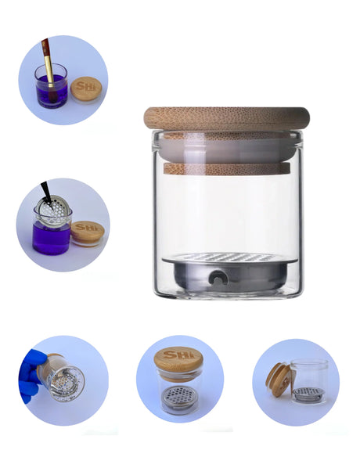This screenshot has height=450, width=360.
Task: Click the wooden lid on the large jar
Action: tap(226, 118)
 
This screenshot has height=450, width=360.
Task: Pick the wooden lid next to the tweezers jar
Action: tap(88, 232)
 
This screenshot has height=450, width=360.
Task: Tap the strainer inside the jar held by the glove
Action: tap(64, 382)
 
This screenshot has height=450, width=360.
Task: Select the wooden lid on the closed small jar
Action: tap(178, 359)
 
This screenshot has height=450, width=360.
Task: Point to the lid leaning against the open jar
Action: tap(279, 379)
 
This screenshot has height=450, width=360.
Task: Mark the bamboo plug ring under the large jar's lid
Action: tap(226, 167)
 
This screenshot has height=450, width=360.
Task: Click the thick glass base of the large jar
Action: tap(226, 293)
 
